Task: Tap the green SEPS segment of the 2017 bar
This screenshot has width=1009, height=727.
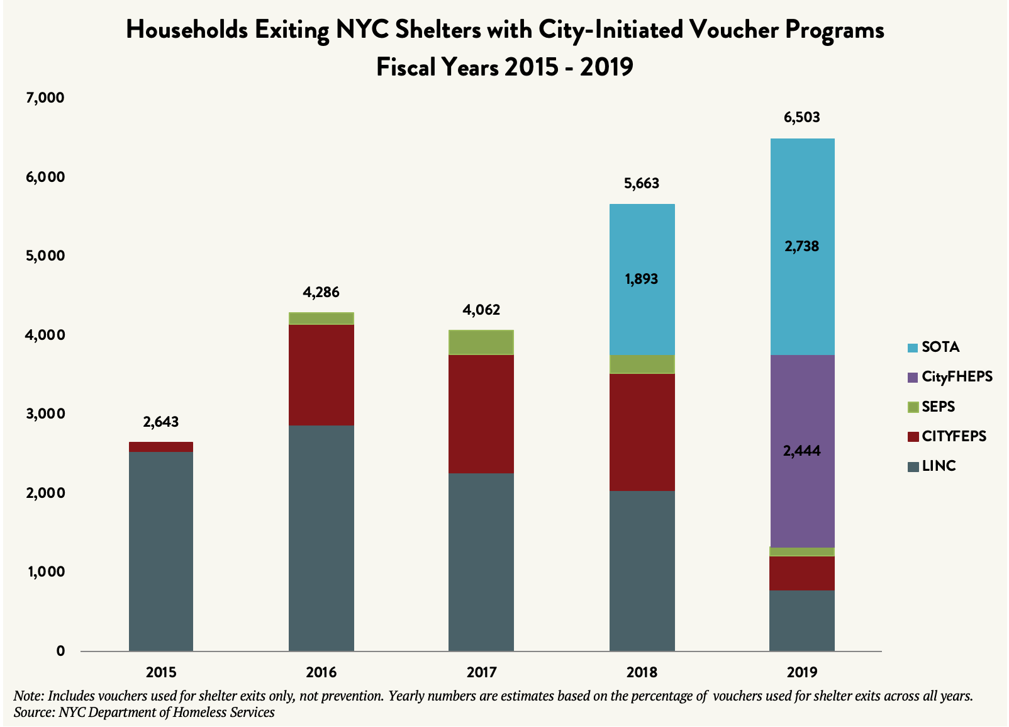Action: pos(481,342)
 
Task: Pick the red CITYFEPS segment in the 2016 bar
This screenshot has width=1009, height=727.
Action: pos(321,375)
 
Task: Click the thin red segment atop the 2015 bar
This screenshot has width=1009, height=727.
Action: pos(161,447)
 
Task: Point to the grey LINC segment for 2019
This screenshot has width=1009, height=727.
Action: pos(802,620)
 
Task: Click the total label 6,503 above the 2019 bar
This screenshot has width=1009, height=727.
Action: pos(801,117)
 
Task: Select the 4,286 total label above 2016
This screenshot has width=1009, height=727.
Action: pos(321,292)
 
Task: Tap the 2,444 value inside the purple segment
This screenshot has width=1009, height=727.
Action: pos(801,451)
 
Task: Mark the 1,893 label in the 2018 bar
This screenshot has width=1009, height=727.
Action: pos(642,279)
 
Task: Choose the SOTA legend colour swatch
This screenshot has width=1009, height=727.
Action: pos(913,347)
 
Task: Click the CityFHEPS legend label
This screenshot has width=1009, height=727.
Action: pos(957,377)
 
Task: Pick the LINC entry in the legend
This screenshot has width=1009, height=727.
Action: pos(939,466)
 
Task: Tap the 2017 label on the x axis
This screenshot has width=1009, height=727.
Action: pos(481,672)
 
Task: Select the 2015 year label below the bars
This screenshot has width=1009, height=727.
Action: pos(161,672)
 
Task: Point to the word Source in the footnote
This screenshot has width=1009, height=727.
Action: pos(33,713)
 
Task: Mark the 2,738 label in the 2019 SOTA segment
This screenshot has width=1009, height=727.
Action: pos(801,246)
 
